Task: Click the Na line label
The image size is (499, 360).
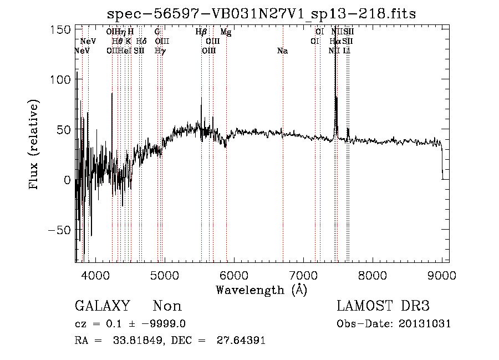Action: coord(282,51)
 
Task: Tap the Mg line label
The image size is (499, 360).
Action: coord(226,32)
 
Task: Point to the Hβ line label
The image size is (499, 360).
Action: coord(201,32)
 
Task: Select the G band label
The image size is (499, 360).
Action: coord(157,32)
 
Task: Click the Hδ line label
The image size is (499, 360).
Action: coord(141,41)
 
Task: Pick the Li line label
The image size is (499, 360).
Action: coord(347,51)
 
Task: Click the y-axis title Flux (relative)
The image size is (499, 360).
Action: coord(34,145)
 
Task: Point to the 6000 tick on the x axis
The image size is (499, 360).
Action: coord(233,275)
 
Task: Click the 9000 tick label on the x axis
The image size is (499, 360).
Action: coord(441,275)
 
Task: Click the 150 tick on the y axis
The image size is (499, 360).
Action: coord(60,29)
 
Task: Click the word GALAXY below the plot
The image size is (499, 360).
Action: coord(102,306)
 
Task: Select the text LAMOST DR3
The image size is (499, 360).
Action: coord(383,306)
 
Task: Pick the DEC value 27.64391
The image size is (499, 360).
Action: coord(242,341)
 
